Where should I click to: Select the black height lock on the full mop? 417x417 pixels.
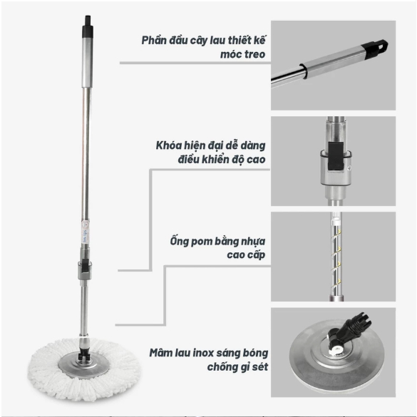point(85,267)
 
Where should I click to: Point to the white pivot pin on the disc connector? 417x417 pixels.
point(336,349)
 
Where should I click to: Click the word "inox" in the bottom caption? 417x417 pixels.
point(202,353)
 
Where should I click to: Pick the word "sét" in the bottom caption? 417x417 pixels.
point(260,367)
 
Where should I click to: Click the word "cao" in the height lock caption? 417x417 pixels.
point(256,160)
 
